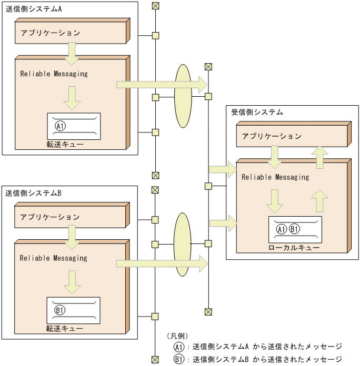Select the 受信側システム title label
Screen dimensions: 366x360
click(x=257, y=112)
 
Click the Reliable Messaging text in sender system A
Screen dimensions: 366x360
click(x=54, y=74)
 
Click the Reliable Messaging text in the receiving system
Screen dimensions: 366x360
click(x=275, y=177)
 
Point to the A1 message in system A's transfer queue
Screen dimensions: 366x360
click(x=60, y=126)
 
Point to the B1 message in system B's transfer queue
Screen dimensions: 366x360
click(x=59, y=310)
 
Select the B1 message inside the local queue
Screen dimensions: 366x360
click(x=295, y=229)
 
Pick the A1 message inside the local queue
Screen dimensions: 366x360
click(x=282, y=229)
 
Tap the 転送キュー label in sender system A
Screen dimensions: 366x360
click(x=65, y=144)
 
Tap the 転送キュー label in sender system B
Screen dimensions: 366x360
click(x=64, y=328)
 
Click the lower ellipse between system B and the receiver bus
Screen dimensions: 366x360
click(x=182, y=244)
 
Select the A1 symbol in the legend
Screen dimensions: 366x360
click(x=179, y=347)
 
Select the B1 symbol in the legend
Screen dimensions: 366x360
click(x=179, y=360)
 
